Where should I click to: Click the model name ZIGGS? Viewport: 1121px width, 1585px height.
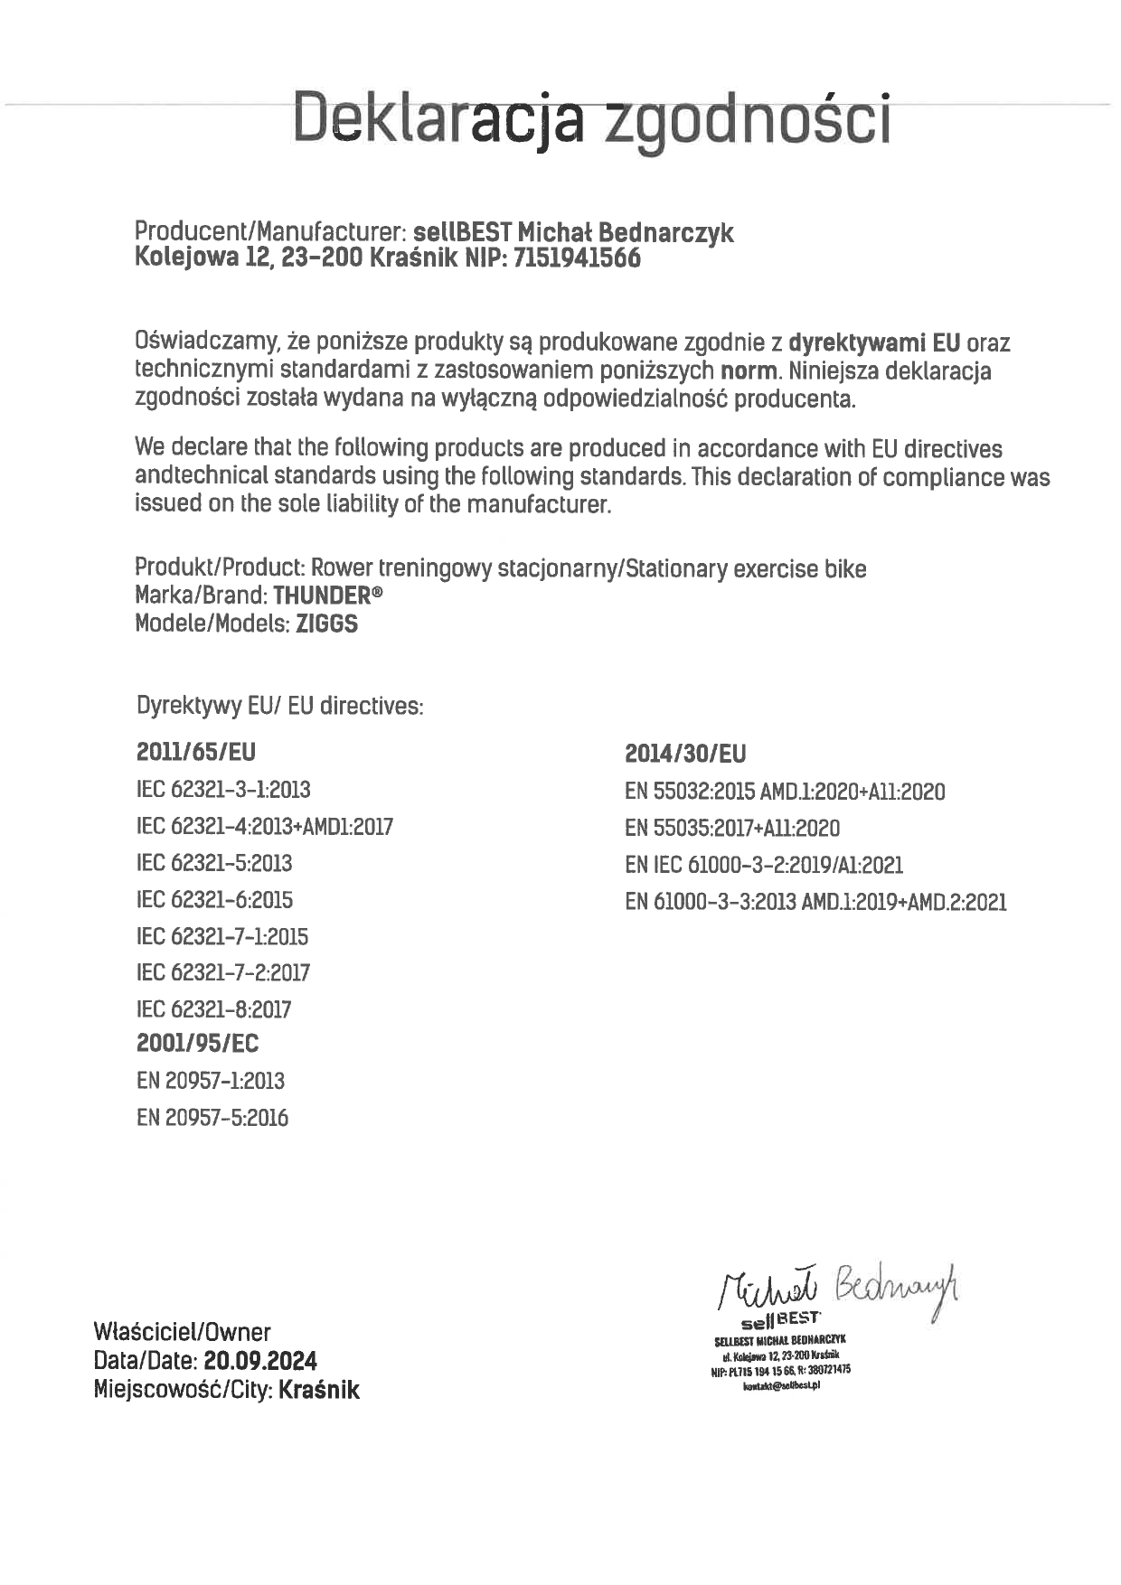click(326, 624)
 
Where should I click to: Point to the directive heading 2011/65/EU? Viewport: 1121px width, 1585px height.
click(196, 752)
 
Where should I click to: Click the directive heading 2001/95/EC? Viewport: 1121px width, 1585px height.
click(197, 1044)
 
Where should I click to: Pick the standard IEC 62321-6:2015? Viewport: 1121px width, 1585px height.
click(214, 900)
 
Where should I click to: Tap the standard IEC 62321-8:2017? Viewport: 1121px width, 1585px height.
click(213, 1009)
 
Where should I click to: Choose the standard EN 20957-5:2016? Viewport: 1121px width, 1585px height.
click(212, 1118)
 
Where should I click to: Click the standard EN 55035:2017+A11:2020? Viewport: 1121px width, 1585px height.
click(732, 829)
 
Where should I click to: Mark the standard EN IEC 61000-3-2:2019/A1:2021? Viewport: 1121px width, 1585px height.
click(764, 866)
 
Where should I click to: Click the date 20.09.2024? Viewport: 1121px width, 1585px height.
click(260, 1361)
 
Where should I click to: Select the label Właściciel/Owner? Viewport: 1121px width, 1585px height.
click(182, 1332)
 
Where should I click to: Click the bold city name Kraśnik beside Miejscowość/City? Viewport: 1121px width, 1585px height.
click(319, 1390)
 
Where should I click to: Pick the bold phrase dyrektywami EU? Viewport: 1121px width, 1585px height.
click(873, 343)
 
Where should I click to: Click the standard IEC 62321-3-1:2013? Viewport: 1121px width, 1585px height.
click(223, 790)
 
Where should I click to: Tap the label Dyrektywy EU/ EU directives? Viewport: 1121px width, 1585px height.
click(279, 706)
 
